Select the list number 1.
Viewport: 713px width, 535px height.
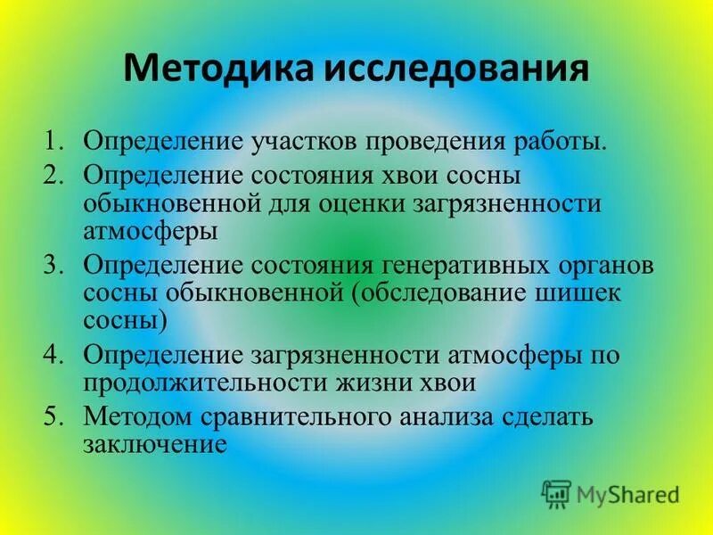click(x=54, y=143)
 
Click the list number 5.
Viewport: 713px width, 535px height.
click(x=54, y=416)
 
